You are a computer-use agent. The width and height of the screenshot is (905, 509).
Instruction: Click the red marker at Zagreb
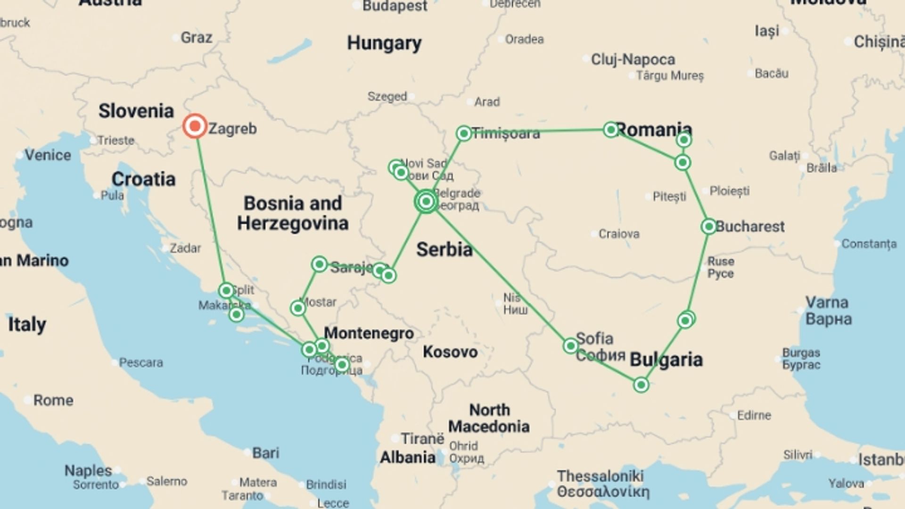click(x=195, y=126)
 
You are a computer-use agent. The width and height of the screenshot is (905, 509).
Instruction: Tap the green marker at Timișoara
click(x=464, y=133)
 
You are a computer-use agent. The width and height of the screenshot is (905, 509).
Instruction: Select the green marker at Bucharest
click(x=709, y=227)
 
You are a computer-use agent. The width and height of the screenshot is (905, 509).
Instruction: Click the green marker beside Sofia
click(x=570, y=346)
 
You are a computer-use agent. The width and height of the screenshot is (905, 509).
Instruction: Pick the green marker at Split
click(x=226, y=290)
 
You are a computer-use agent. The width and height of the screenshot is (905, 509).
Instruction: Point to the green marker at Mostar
click(x=298, y=308)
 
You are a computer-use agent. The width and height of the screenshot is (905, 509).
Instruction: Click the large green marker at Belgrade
click(x=426, y=202)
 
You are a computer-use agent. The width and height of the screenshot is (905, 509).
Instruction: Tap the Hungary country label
click(x=384, y=43)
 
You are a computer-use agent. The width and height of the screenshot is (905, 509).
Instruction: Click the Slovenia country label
click(x=136, y=111)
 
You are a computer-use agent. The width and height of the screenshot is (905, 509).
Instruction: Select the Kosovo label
click(x=450, y=352)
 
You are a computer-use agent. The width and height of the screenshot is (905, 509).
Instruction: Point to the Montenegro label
click(x=369, y=333)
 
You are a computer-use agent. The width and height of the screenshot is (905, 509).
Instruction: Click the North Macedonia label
click(x=489, y=418)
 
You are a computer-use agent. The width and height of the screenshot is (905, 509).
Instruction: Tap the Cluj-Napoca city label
click(x=633, y=59)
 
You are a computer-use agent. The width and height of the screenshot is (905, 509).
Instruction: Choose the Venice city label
click(x=48, y=155)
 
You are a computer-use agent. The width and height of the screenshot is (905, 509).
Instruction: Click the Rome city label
click(x=53, y=401)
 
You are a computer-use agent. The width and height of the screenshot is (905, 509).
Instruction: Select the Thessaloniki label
click(x=600, y=476)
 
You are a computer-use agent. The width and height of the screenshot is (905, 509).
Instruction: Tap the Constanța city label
click(x=869, y=244)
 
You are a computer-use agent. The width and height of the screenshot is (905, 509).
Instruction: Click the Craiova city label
click(x=618, y=234)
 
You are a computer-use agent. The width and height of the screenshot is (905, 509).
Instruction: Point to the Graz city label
click(x=196, y=38)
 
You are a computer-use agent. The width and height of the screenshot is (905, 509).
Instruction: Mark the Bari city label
click(x=265, y=453)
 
